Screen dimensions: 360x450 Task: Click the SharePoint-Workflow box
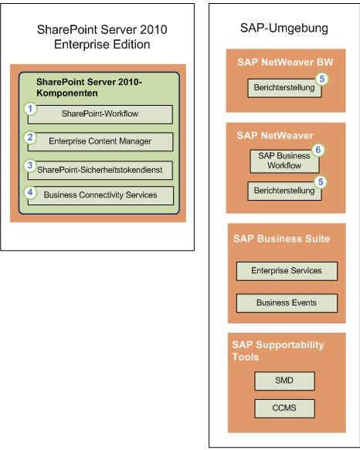pos(100,114)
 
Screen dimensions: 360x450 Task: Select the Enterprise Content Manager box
pos(100,141)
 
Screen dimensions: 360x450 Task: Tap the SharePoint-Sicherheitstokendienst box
pos(100,170)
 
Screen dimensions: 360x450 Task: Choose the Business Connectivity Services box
pos(100,195)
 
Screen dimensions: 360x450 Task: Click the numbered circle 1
pos(30,109)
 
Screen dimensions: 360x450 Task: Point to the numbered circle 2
pos(30,137)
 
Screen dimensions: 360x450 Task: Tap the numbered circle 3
pos(30,166)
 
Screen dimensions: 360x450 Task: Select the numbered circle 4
pos(30,192)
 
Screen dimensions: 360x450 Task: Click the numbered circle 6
pos(318,150)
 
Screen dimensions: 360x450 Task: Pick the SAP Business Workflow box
pos(284,161)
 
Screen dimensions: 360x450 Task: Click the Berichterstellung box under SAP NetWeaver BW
pos(284,88)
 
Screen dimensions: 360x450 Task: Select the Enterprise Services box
pos(287,271)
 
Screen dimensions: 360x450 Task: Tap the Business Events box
pos(287,303)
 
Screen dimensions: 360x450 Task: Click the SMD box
pos(284,381)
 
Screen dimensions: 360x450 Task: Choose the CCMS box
pos(284,408)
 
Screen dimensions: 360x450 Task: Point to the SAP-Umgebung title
pos(284,29)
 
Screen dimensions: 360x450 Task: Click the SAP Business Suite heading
pos(281,239)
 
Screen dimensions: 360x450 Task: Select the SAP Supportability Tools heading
pos(278,350)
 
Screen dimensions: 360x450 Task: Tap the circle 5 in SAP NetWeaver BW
pos(322,79)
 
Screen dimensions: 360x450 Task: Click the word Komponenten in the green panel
pos(67,93)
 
